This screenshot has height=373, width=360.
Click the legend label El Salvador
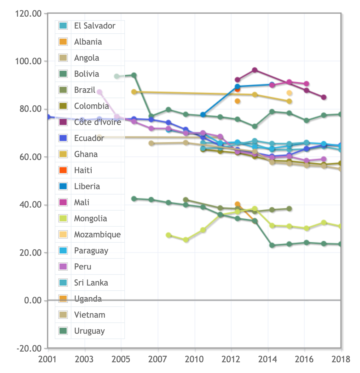[95, 26]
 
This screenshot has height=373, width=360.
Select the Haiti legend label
[83, 170]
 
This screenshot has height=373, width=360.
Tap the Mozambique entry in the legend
[97, 235]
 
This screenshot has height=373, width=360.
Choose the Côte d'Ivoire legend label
[98, 122]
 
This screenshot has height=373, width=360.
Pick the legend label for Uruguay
[89, 331]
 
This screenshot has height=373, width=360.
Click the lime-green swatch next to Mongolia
[63, 218]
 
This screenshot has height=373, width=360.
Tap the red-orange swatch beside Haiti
[63, 170]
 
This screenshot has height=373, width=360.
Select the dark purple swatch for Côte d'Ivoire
[63, 122]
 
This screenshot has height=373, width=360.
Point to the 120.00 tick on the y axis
[28, 14]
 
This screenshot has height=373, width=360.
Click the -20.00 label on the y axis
[28, 348]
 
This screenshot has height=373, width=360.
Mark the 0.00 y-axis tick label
[33, 300]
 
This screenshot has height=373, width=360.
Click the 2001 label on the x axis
[47, 359]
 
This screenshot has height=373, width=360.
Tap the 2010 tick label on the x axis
[194, 359]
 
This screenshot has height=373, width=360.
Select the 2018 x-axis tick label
[341, 359]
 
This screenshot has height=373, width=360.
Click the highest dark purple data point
[255, 70]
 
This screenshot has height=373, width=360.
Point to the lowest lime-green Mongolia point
[186, 240]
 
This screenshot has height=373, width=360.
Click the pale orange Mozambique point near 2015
[289, 93]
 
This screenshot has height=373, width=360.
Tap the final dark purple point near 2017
[324, 97]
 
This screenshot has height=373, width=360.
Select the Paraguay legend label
[91, 251]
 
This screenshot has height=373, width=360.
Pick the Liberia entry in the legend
[87, 186]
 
